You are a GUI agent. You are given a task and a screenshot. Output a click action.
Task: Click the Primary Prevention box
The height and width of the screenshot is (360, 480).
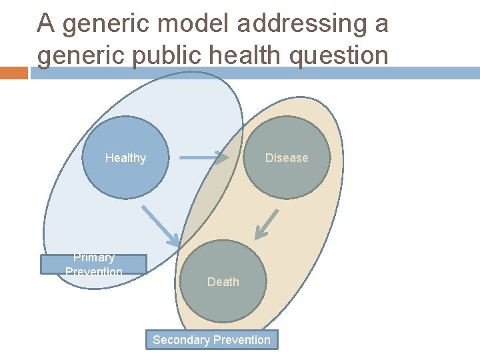(93, 265)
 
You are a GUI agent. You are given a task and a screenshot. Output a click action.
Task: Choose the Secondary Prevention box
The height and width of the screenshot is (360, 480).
(212, 340)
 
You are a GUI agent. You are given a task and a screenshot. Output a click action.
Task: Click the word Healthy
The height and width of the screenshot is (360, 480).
(125, 158)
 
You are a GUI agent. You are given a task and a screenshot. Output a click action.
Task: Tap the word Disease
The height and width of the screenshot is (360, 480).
(287, 158)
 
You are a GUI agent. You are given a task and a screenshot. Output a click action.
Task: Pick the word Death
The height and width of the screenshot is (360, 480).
(223, 282)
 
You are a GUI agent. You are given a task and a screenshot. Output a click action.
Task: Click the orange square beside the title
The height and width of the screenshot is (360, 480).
(13, 73)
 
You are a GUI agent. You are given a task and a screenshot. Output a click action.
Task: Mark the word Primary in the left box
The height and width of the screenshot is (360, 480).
(94, 257)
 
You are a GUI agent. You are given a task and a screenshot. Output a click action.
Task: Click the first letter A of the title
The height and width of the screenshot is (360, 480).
(45, 24)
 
